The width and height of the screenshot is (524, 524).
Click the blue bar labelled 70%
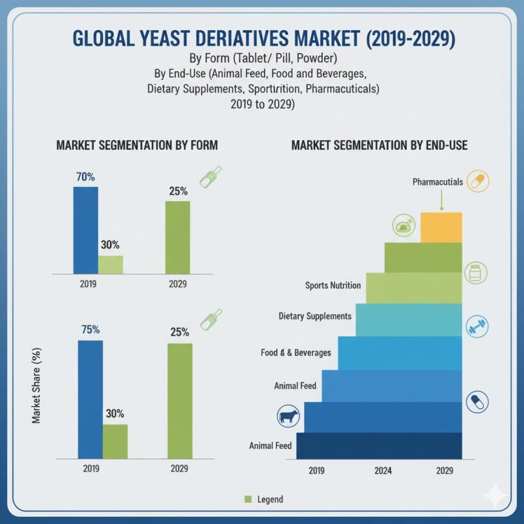pos(85,229)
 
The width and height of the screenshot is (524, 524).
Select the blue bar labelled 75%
pos(90,400)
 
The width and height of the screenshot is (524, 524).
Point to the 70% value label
pos(85,177)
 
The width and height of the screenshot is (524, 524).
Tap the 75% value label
pos(90,330)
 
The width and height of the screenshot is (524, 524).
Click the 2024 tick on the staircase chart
pos(384,470)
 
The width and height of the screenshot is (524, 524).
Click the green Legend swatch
pos(248,499)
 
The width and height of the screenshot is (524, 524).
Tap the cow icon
pos(288,416)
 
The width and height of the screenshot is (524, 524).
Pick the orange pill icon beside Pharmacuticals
pos(478,181)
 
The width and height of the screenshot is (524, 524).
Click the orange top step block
pos(441,227)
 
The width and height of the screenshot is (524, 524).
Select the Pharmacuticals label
pos(438,181)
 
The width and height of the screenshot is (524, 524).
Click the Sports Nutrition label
pos(333,286)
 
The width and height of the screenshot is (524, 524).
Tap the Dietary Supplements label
pos(315,316)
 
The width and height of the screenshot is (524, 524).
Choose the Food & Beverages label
pos(295,352)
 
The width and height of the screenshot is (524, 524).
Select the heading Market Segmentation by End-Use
pos(379,145)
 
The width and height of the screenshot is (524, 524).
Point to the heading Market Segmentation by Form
pos(137,145)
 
